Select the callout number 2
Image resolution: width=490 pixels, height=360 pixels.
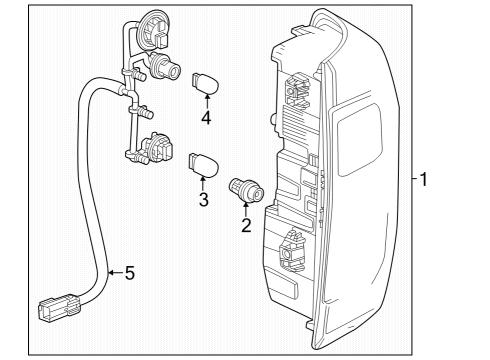coord(245,226)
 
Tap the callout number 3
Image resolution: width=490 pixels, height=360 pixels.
coord(202,200)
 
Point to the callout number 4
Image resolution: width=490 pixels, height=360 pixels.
coord(206,118)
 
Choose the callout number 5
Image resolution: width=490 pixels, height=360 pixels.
coord(128,272)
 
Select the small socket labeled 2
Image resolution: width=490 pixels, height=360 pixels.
coord(244,187)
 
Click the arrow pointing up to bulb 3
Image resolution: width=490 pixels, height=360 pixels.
coord(202,182)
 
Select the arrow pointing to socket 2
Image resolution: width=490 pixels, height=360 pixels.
coord(245,208)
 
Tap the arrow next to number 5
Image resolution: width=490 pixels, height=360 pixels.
coord(112,272)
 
